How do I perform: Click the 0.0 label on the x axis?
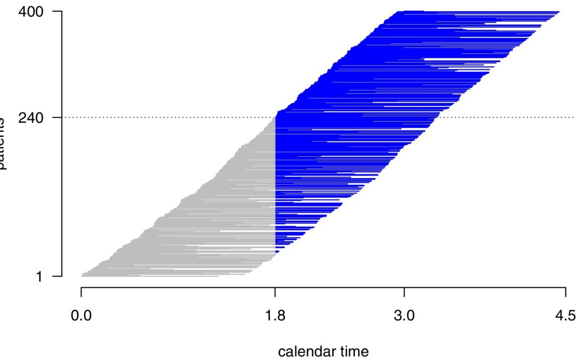point(81,314)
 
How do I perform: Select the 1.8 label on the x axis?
point(275,314)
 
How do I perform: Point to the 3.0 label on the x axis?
point(404,314)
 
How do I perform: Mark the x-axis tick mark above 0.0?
point(81,292)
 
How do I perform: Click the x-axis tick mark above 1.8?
point(275,292)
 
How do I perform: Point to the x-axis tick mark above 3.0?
point(404,292)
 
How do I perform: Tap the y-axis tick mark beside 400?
point(57,11)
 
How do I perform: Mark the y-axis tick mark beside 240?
point(57,117)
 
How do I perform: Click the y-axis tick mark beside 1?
point(57,276)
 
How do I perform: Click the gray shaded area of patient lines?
point(213,213)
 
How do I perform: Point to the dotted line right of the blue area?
point(507,117)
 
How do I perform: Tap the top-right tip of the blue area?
point(558,11)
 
